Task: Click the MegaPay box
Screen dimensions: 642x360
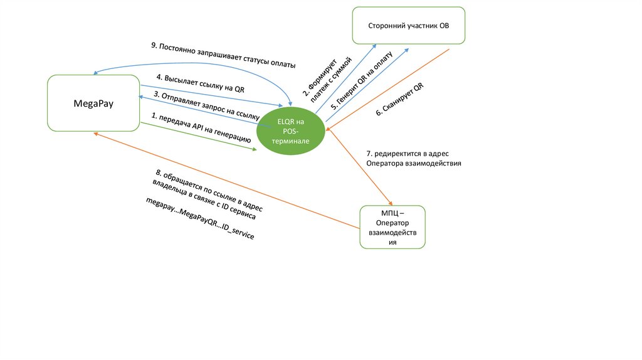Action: (93, 103)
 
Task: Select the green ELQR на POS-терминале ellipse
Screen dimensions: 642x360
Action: (291, 131)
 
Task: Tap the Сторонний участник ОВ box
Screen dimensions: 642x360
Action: (409, 25)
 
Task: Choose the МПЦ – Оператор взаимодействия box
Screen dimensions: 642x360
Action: (392, 227)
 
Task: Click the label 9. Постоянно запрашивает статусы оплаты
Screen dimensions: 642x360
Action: (223, 55)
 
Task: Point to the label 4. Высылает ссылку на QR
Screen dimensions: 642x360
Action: (201, 83)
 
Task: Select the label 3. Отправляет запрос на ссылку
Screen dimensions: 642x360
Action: (207, 105)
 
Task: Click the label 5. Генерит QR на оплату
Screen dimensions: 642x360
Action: (362, 81)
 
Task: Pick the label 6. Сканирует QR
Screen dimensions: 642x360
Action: (399, 99)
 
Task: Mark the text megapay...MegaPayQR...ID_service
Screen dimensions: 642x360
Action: (200, 218)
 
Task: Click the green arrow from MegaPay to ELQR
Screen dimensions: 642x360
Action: (199, 136)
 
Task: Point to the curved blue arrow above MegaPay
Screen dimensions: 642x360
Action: (192, 63)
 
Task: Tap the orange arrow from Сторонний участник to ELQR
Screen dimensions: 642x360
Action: (387, 90)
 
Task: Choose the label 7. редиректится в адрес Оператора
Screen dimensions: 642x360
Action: (414, 159)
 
